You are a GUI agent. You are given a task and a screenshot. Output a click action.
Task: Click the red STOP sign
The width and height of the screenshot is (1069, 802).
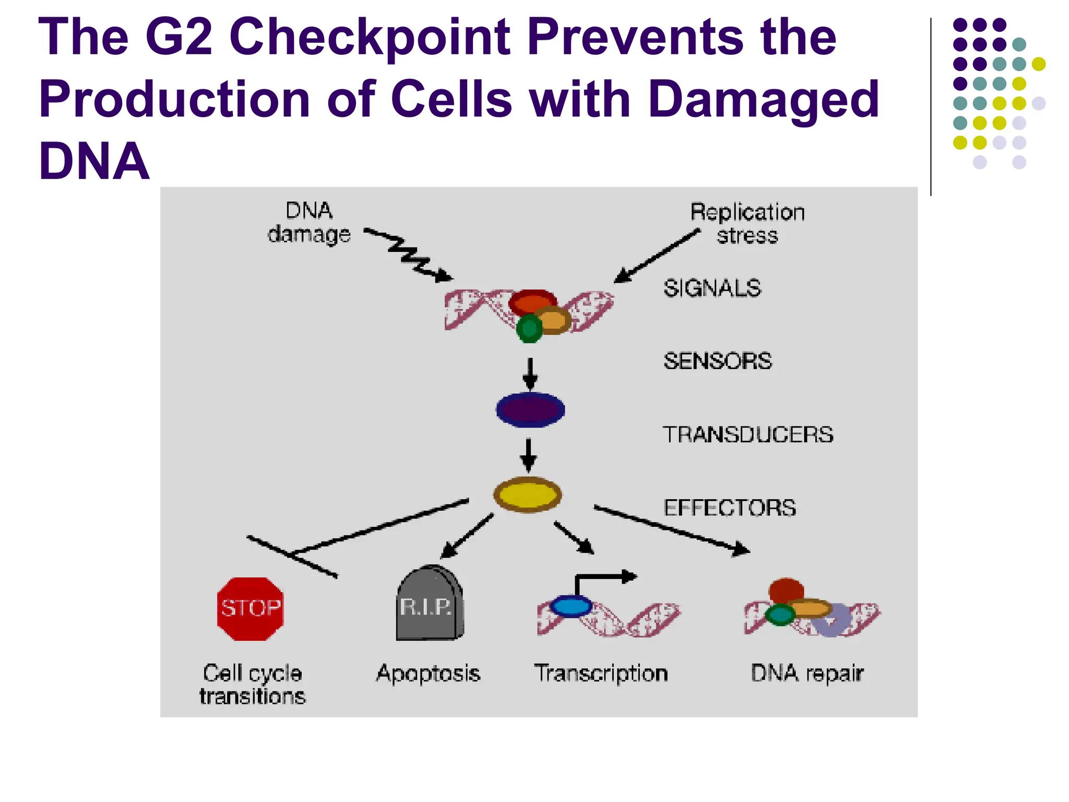pyautogui.click(x=250, y=609)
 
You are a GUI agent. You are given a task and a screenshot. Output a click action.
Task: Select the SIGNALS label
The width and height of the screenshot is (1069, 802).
pyautogui.click(x=712, y=288)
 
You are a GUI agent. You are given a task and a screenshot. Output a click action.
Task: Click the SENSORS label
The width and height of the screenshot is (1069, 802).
pyautogui.click(x=717, y=361)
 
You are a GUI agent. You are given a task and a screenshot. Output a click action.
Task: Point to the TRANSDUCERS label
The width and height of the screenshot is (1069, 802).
pyautogui.click(x=747, y=434)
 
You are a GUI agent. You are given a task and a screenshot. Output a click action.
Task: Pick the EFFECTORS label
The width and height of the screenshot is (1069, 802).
pyautogui.click(x=729, y=508)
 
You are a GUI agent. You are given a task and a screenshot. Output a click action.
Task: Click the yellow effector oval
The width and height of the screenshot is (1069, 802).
pyautogui.click(x=527, y=494)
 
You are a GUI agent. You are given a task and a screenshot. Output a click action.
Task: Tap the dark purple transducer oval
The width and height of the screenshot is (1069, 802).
pyautogui.click(x=530, y=410)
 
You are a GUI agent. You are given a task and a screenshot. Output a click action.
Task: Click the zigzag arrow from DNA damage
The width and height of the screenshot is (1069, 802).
pyautogui.click(x=408, y=254)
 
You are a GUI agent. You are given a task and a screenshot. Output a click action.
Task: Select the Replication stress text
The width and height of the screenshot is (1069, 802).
pyautogui.click(x=747, y=223)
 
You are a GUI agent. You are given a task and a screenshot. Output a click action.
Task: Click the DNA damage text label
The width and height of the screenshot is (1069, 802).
pyautogui.click(x=309, y=222)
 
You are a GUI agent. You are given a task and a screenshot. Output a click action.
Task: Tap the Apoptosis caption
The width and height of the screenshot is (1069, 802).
pyautogui.click(x=428, y=673)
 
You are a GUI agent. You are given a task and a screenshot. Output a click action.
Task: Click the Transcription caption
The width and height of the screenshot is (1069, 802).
pyautogui.click(x=601, y=673)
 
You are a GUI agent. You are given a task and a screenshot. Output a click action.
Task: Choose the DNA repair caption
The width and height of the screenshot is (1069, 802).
pyautogui.click(x=807, y=673)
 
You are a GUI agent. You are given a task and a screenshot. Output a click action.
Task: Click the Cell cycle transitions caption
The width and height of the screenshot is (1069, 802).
pyautogui.click(x=252, y=685)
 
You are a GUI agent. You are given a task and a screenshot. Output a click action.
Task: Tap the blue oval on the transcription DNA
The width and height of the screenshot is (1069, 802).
pyautogui.click(x=571, y=607)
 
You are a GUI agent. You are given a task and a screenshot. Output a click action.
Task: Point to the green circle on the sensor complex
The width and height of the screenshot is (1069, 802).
pyautogui.click(x=529, y=328)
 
